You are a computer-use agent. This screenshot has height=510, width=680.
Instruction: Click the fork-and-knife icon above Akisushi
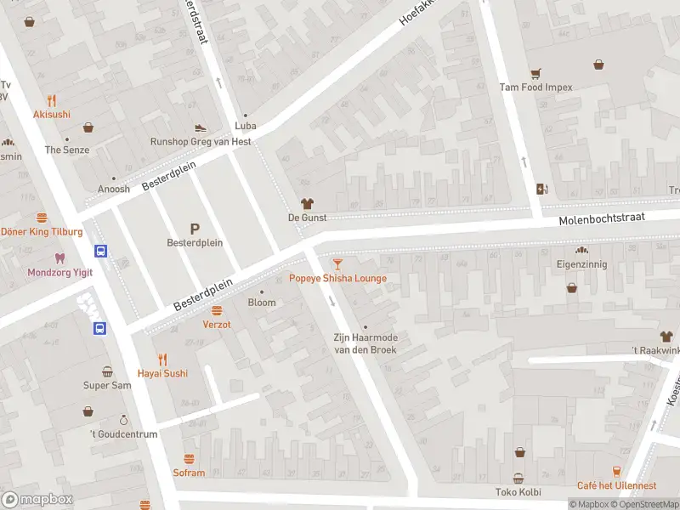[x=52, y=100]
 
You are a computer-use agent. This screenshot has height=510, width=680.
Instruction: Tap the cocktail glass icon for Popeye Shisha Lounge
[x=337, y=264]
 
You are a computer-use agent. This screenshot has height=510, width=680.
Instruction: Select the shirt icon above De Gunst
[x=307, y=204]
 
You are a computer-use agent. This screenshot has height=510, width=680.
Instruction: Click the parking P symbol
[x=195, y=228]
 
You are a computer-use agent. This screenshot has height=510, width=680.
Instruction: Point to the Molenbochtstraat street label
[x=602, y=219]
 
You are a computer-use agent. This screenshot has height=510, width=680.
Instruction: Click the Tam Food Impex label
[x=535, y=87]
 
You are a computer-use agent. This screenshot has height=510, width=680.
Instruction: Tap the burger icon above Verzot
[x=217, y=310]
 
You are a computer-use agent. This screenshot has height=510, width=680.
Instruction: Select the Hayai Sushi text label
[x=162, y=373]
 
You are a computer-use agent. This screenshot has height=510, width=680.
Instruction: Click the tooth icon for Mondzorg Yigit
[x=59, y=258]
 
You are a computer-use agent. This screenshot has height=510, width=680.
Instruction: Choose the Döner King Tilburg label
[x=41, y=231]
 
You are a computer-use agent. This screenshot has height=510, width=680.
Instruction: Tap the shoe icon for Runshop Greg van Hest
[x=201, y=127]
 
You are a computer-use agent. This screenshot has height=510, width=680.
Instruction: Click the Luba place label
[x=246, y=127]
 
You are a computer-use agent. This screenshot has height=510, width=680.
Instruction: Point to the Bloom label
[x=262, y=303]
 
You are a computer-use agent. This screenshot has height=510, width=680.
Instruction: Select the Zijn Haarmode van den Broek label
[x=365, y=343]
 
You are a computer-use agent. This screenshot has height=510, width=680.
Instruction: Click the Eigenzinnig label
[x=582, y=264]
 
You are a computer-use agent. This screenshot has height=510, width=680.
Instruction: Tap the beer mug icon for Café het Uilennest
[x=616, y=472]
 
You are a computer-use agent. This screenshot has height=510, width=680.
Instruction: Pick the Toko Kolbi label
[x=518, y=492]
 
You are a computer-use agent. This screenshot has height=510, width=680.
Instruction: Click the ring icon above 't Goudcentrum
[x=123, y=420]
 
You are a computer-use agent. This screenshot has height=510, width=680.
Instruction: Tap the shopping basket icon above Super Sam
[x=107, y=371]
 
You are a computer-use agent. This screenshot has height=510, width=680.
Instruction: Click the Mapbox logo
[x=37, y=500]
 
